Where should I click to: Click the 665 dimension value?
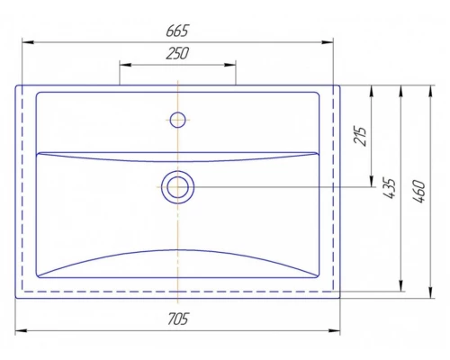pyautogui.click(x=177, y=31)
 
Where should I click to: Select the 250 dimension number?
pyautogui.click(x=177, y=53)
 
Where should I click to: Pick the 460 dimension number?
pyautogui.click(x=416, y=188)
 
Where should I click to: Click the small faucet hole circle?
pyautogui.click(x=177, y=118)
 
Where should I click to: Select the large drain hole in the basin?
pyautogui.click(x=177, y=187)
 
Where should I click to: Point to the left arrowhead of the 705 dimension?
pyautogui.click(x=20, y=331)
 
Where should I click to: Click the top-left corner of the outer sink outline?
pyautogui.click(x=16, y=85)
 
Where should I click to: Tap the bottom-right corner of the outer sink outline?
pyautogui.click(x=339, y=298)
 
